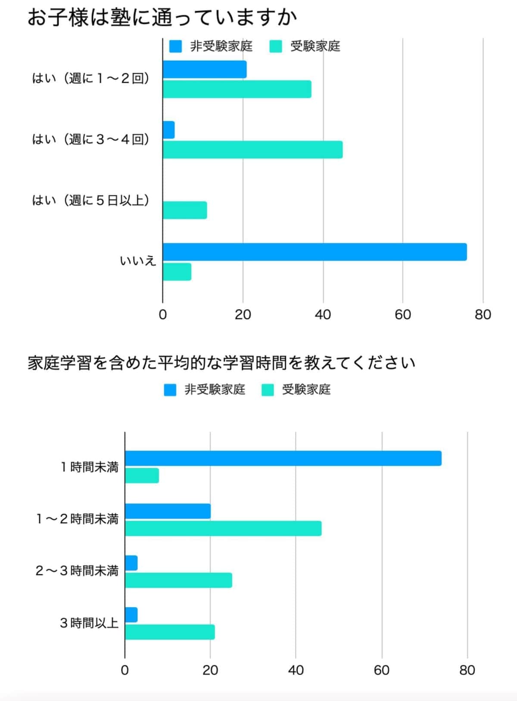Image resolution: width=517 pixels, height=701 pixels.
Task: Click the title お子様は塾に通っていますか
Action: click(x=162, y=18)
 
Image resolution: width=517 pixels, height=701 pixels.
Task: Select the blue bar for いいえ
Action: click(x=315, y=252)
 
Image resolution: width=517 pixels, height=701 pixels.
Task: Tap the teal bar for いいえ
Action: click(x=177, y=272)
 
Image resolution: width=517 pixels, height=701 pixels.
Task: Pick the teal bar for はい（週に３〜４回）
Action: click(x=252, y=150)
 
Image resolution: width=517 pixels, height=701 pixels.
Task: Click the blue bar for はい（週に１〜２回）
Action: click(x=205, y=69)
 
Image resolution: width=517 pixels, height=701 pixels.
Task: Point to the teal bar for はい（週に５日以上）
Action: click(x=185, y=210)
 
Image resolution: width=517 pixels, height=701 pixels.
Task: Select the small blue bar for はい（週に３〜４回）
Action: click(x=169, y=130)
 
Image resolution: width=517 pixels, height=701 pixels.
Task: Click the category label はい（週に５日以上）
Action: click(x=91, y=200)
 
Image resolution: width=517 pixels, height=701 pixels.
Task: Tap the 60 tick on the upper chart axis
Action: click(x=402, y=315)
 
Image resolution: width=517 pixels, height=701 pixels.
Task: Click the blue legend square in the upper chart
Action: click(x=175, y=46)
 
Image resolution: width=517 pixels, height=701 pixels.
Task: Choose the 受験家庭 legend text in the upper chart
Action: click(x=315, y=46)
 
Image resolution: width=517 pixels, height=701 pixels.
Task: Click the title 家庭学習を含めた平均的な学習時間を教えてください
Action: click(x=221, y=363)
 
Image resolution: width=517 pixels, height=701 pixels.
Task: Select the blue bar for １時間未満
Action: click(x=283, y=458)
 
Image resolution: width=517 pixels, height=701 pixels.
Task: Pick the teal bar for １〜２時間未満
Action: click(x=223, y=528)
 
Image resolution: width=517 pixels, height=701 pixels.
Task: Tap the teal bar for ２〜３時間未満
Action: click(x=178, y=580)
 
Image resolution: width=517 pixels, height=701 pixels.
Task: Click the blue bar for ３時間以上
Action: click(x=131, y=615)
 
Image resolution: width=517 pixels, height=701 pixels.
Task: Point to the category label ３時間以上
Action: click(x=89, y=623)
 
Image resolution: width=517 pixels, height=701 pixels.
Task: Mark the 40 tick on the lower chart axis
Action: click(x=296, y=670)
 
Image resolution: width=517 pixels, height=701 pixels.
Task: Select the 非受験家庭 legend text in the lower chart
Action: click(x=215, y=390)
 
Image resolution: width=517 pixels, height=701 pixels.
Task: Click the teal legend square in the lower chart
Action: click(x=268, y=390)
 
